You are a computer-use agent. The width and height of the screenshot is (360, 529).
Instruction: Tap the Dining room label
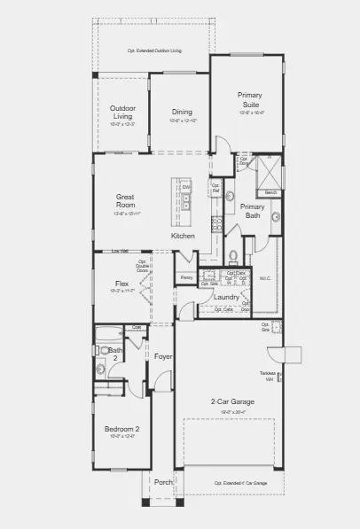(x=181, y=113)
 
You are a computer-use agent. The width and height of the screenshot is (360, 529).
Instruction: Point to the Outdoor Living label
(x=121, y=112)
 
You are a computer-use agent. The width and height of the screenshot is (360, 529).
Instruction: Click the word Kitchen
(x=183, y=236)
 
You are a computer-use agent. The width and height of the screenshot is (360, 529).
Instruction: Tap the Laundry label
(x=226, y=297)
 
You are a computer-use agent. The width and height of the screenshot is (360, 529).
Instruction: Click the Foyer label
(x=163, y=356)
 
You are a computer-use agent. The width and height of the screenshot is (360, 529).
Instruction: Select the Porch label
(x=161, y=482)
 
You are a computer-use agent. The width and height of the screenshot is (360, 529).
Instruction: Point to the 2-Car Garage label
(x=231, y=401)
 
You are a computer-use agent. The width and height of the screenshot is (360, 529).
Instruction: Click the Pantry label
(x=186, y=278)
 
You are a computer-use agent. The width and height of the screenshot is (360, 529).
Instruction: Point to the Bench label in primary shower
(x=270, y=192)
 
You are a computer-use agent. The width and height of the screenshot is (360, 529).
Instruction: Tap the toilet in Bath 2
(x=100, y=369)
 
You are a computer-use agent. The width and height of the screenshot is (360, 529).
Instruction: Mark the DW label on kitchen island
(x=186, y=188)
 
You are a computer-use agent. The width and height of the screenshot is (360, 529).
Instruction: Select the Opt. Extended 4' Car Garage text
(x=239, y=483)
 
